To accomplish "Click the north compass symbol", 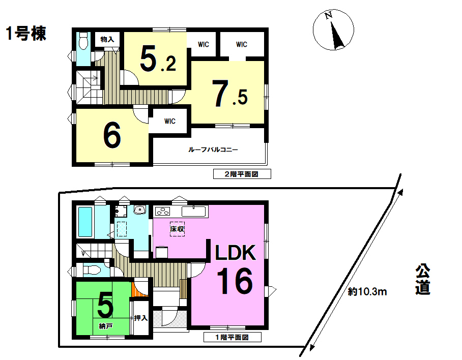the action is coord(333,29).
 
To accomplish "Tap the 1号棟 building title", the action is coord(26,33).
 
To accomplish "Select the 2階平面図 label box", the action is coord(242,174).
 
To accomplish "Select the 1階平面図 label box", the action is coord(233,337).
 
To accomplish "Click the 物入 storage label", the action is coord(107,39).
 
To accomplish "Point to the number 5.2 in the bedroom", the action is coord(158,59).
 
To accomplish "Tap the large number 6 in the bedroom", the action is coord(112,135).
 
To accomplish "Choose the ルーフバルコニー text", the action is coord(213,149).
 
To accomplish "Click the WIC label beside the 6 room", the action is coord(170,121).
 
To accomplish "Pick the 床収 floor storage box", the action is coord(178,229).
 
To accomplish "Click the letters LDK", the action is coord(236,253).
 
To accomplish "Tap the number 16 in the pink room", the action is coord(235,281).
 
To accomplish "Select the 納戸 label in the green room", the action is coord(105,326).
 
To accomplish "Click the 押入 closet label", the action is coord(141,318).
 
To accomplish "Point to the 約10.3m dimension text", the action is coord(367,292).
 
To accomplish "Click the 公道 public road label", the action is coord(423,280).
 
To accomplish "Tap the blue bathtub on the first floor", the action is coord(85,222).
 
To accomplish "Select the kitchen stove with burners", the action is coord(163,211).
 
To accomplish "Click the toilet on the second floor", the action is coord(83,41).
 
